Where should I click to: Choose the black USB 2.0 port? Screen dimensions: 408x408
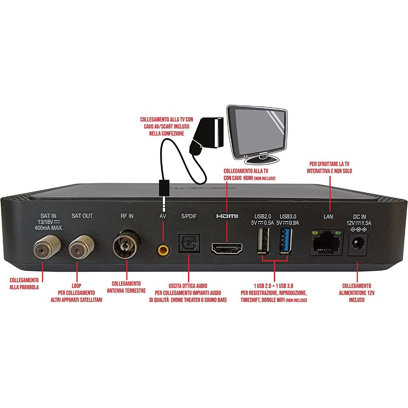263,242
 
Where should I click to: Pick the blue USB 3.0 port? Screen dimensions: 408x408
285,242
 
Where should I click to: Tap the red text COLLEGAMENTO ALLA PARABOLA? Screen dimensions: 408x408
24,284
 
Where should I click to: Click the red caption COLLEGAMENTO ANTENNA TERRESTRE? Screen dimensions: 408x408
126,287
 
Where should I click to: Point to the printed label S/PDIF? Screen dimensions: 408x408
189,216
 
